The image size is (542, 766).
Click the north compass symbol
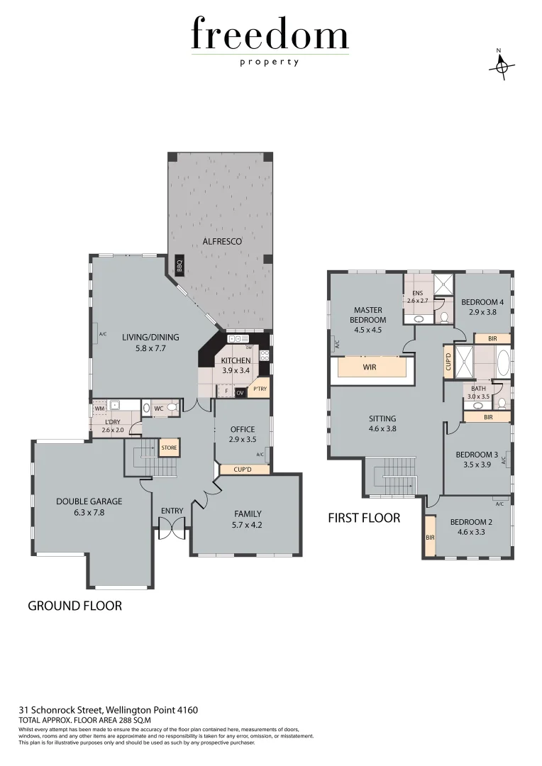pyautogui.click(x=502, y=65)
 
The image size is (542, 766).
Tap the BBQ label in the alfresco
pyautogui.click(x=179, y=267)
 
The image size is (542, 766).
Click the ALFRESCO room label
pyautogui.click(x=222, y=242)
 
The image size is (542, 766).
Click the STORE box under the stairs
pyautogui.click(x=169, y=448)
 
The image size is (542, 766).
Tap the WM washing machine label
pyautogui.click(x=99, y=409)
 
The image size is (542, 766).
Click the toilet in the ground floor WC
pyautogui.click(x=170, y=408)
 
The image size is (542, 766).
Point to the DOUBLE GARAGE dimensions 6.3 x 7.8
pyautogui.click(x=89, y=511)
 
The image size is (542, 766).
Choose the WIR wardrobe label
pyautogui.click(x=370, y=368)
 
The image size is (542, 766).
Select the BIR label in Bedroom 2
pyautogui.click(x=430, y=538)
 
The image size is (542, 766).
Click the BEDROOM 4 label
pyautogui.click(x=482, y=302)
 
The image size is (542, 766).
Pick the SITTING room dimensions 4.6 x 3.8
pyautogui.click(x=382, y=428)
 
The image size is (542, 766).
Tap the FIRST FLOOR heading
pyautogui.click(x=363, y=518)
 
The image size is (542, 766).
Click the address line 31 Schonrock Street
pyautogui.click(x=108, y=709)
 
